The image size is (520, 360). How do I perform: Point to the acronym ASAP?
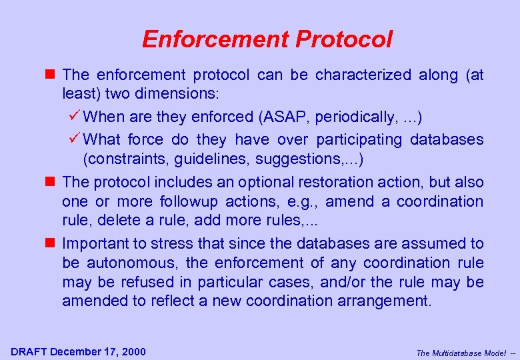[283, 117]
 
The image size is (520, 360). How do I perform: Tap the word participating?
[359, 139]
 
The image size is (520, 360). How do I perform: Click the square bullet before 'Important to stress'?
[53, 243]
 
